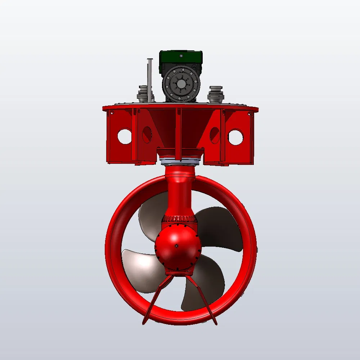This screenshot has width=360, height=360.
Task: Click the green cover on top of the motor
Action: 181,57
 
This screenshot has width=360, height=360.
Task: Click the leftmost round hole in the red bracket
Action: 125,136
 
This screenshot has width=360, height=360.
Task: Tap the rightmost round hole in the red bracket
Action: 235,137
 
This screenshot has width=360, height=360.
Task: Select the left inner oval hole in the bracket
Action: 147,134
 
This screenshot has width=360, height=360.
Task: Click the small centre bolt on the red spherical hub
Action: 177,246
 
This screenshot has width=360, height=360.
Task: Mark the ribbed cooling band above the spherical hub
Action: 179,219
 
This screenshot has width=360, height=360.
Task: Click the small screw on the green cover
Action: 181,55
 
